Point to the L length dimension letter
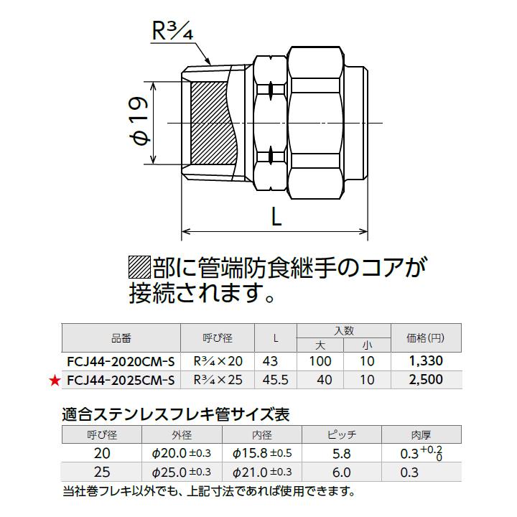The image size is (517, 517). pos(276,216)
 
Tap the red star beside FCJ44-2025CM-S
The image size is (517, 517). pos(54,380)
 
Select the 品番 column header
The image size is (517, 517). pos(121,337)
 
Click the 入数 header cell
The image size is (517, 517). pos(344,330)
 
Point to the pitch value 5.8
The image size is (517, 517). pos(342,454)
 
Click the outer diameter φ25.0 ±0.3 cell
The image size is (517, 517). pos(182,472)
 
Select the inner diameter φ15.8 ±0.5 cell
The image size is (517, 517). pos(262,454)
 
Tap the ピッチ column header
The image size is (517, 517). pos(342,434)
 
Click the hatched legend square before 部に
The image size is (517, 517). pos(139,268)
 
